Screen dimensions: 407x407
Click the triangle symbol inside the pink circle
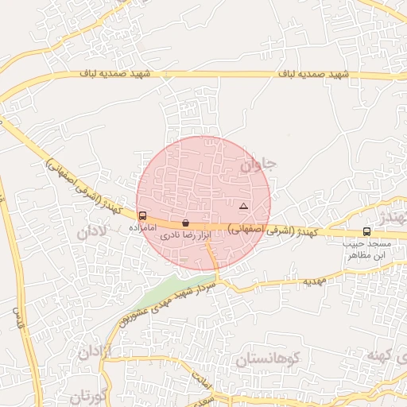243,207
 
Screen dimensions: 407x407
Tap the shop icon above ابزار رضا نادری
185,223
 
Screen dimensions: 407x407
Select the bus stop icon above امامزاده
142,215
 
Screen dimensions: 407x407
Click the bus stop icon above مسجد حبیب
366,231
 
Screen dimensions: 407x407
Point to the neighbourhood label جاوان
258,166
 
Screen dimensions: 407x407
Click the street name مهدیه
313,282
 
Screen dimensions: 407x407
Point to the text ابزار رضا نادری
184,236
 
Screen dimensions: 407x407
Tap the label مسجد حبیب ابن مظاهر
366,250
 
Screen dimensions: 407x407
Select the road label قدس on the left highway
14,318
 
